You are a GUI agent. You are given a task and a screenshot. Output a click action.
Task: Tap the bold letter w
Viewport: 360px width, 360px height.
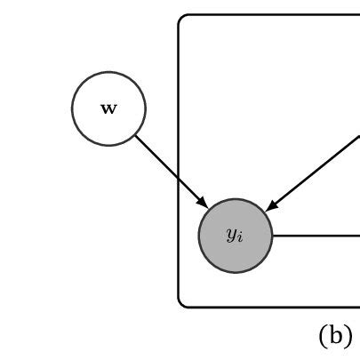pyautogui.click(x=108, y=109)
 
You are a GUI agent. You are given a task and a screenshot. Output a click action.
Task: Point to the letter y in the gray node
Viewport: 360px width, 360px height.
pyautogui.click(x=231, y=235)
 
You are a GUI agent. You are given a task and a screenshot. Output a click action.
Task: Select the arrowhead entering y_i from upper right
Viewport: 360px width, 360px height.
pyautogui.click(x=271, y=206)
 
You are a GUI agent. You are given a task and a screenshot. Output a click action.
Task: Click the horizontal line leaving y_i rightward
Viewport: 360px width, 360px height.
pyautogui.click(x=316, y=236)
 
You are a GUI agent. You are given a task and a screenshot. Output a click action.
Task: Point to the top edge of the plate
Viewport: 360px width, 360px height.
pyautogui.click(x=267, y=14)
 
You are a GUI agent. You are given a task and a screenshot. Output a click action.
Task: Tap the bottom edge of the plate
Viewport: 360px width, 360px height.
pyautogui.click(x=267, y=308)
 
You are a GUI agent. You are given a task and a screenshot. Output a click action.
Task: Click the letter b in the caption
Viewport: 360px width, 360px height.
pyautogui.click(x=335, y=335)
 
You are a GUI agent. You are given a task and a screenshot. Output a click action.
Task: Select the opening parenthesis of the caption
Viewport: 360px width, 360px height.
pyautogui.click(x=323, y=336)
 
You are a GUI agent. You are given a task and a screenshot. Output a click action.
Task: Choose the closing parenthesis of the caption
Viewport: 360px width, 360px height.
pyautogui.click(x=348, y=336)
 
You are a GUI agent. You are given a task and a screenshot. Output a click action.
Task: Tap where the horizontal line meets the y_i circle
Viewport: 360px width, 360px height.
pyautogui.click(x=272, y=236)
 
